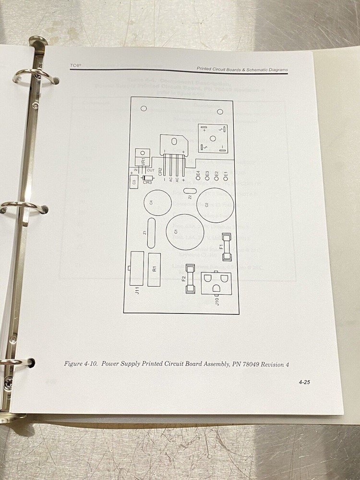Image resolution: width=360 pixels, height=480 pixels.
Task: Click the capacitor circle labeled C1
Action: (x=182, y=231)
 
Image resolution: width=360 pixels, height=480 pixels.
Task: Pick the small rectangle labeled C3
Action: (x=134, y=181)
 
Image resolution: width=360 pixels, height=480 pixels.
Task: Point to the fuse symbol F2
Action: (x=190, y=283)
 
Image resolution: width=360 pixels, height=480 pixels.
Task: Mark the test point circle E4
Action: (x=197, y=180)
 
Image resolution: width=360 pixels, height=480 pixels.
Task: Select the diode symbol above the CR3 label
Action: (x=144, y=177)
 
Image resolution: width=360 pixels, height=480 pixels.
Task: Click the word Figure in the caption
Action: (x=74, y=363)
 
